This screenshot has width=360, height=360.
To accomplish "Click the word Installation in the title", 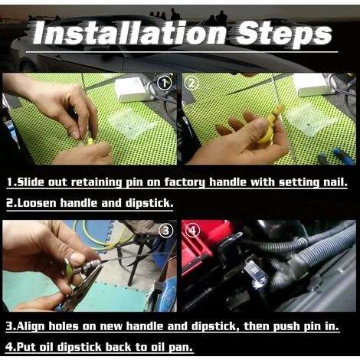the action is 129,34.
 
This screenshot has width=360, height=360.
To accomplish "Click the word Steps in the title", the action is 284,34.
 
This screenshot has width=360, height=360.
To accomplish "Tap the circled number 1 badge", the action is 164,83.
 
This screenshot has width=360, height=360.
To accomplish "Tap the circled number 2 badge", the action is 191,83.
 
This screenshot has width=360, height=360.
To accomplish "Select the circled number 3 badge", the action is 166,231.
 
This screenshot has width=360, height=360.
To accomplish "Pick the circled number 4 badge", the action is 192,231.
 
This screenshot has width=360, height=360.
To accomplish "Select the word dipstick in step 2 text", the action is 149,204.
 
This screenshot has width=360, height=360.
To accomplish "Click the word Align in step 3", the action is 31,326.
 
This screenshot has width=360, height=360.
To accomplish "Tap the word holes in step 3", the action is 64,326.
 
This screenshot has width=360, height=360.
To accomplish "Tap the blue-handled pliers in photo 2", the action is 339,156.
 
